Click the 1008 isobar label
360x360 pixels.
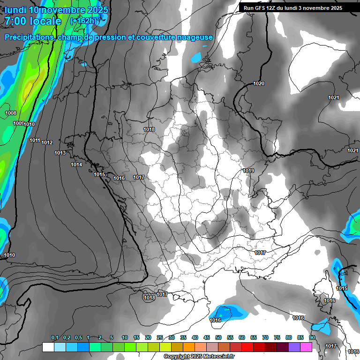11,113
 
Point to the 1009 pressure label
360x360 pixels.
18,123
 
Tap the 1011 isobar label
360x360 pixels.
35,140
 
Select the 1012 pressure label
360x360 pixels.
47,142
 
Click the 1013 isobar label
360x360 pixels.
60,153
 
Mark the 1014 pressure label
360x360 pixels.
76,165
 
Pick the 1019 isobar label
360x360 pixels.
248,171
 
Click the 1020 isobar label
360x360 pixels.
259,83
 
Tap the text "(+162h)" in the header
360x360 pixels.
85,21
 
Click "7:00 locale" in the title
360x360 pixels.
33,21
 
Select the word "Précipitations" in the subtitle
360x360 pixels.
29,37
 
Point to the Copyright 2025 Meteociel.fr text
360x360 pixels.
199,357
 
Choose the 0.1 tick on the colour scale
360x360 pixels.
55,338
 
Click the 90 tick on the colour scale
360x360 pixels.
312,338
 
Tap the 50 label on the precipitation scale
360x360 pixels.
218,338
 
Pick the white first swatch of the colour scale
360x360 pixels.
48,347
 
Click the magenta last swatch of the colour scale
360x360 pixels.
306,347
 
